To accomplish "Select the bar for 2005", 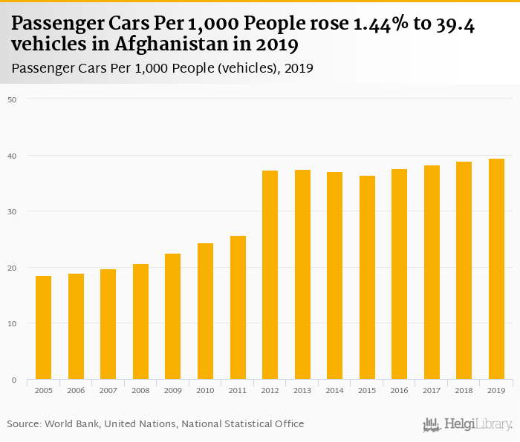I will (44, 328).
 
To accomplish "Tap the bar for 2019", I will (496, 269).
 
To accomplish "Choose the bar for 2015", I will (367, 277).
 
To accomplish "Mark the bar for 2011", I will (238, 308).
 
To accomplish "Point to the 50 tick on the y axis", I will (11, 99).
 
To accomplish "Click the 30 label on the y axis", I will (11, 211).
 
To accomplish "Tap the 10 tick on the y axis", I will (11, 323).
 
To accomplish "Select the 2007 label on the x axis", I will (108, 390).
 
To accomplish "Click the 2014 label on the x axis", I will (334, 390).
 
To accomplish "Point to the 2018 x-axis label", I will (464, 390).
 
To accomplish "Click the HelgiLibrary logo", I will (468, 424).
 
